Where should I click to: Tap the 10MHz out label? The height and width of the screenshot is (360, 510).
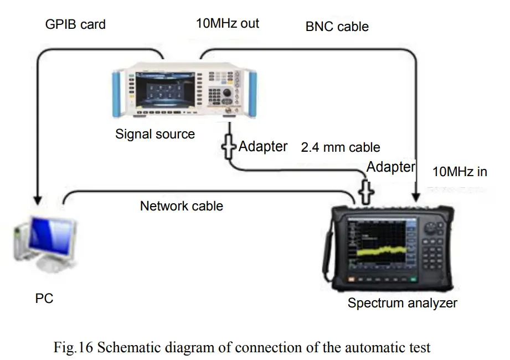tap(227, 23)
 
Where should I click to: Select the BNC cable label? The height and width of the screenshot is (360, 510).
tap(337, 26)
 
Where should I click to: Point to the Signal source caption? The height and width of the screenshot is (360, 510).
tap(155, 134)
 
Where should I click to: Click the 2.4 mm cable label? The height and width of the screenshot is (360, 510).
tap(341, 147)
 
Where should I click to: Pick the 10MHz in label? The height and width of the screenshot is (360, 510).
tap(460, 172)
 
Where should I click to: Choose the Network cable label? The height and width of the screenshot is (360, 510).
tap(182, 206)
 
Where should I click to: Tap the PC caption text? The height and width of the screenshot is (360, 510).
tap(44, 298)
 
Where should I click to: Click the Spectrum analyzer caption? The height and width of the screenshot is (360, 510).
tap(403, 303)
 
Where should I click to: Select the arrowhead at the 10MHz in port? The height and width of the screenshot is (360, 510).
tap(415, 195)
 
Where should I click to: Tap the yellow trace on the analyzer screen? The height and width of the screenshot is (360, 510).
tap(382, 252)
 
